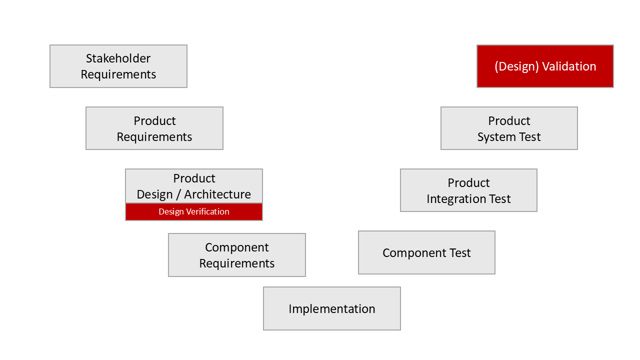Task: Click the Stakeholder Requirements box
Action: (x=118, y=66)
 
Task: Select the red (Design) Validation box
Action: (x=545, y=66)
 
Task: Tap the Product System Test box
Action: (x=509, y=128)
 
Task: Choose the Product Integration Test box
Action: (x=468, y=190)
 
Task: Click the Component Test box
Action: (x=426, y=252)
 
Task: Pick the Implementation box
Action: (x=332, y=308)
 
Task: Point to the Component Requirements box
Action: (x=237, y=255)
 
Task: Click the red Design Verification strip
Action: (x=194, y=211)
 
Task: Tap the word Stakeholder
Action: (x=118, y=58)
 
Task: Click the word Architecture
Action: (x=217, y=194)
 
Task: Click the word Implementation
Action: (x=332, y=309)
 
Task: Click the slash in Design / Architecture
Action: (x=178, y=194)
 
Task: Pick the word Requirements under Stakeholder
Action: (x=118, y=74)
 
